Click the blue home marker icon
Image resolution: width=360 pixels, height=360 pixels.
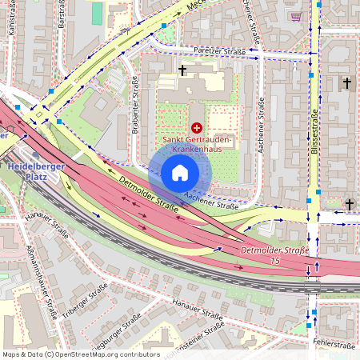[179, 173]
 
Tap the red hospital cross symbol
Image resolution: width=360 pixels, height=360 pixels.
[197, 127]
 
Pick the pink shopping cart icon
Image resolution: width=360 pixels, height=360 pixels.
[297, 15]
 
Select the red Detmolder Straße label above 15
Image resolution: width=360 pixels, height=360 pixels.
[274, 250]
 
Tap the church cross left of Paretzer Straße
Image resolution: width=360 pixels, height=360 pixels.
[182, 71]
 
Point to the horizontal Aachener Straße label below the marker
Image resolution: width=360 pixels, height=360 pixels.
[211, 200]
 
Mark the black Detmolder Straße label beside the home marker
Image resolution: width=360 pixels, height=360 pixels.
[148, 194]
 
